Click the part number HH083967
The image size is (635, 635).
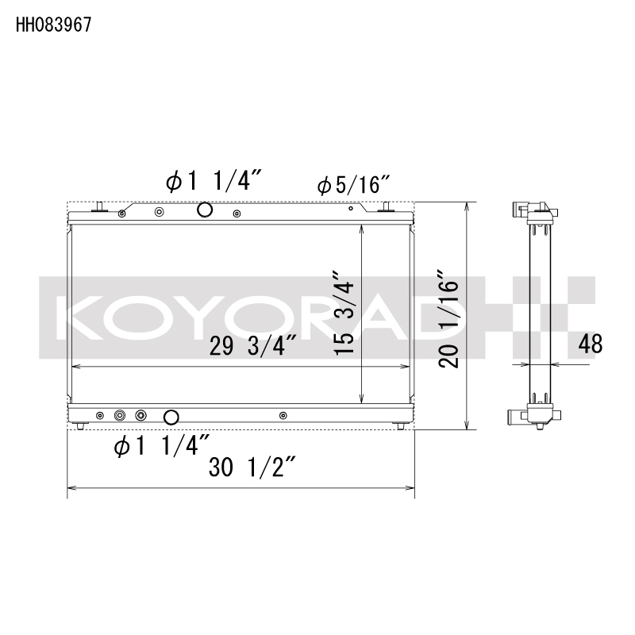pos(53,24)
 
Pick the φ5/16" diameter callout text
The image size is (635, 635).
pos(352,186)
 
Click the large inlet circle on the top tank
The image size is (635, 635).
pos(204,210)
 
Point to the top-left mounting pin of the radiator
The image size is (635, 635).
pos(101,207)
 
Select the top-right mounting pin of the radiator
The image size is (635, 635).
pos(387,207)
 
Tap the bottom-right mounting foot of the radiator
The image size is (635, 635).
pos(400,426)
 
